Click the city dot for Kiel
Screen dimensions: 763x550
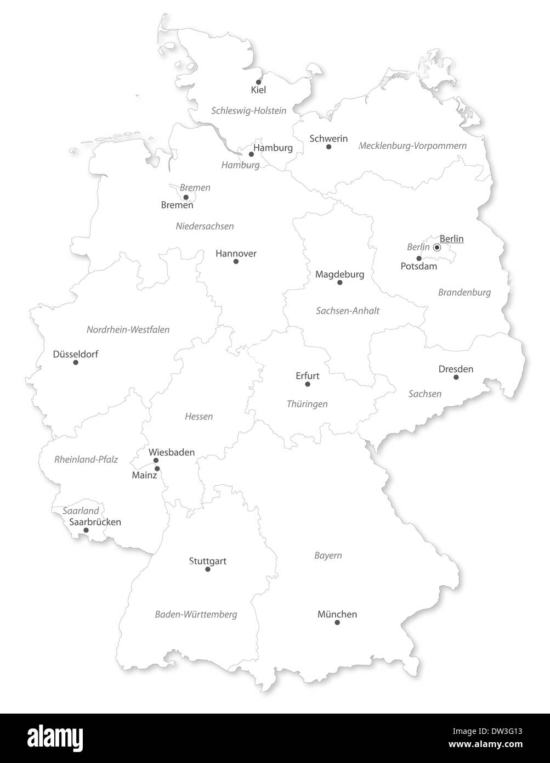(259, 82)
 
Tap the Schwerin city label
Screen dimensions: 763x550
(328, 138)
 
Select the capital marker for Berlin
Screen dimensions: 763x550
(437, 248)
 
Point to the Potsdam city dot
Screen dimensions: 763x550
(419, 258)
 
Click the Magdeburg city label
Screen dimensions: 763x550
(339, 274)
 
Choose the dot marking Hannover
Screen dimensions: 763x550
(236, 261)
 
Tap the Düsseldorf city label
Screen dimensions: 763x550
(76, 354)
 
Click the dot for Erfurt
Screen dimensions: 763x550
(308, 384)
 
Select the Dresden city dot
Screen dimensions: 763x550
(456, 377)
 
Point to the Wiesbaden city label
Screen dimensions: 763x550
(172, 452)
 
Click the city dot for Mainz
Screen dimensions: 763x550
(157, 468)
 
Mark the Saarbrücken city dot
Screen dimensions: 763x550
(86, 530)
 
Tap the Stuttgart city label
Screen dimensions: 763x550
(207, 561)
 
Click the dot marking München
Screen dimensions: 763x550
(337, 622)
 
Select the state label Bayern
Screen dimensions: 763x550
(328, 556)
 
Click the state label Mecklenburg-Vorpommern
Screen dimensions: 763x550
(412, 146)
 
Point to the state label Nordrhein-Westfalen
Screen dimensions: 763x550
(128, 330)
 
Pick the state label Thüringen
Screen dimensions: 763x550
(307, 404)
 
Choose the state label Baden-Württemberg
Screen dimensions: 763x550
(196, 614)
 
